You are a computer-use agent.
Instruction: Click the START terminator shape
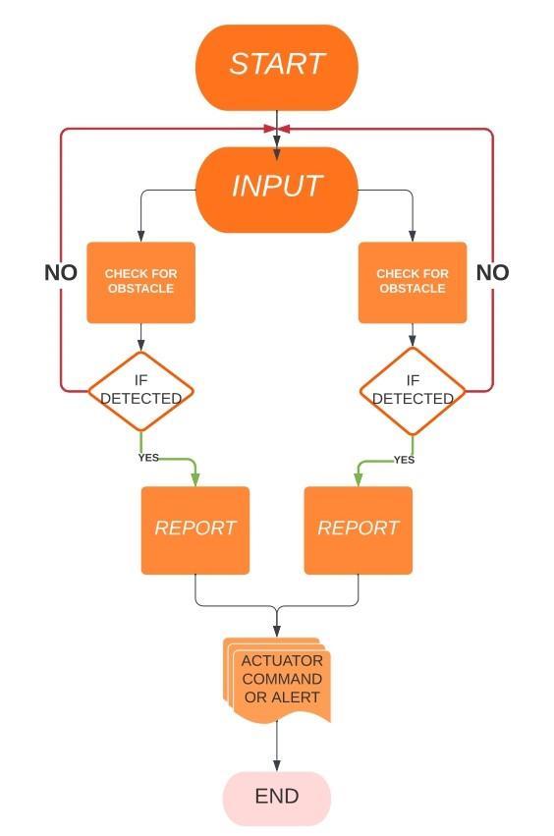(277, 67)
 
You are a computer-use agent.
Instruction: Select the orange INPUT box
(277, 190)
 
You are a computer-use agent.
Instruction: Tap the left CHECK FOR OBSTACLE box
(140, 283)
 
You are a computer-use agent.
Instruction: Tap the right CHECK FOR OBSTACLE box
(413, 283)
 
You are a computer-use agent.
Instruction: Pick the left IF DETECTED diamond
(140, 391)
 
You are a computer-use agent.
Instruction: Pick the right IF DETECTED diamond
(413, 391)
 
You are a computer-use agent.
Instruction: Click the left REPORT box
(195, 530)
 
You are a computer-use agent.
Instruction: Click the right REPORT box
(359, 530)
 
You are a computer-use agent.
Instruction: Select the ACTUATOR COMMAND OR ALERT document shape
(277, 680)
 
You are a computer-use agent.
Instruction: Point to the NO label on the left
(61, 272)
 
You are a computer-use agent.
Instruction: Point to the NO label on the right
(492, 272)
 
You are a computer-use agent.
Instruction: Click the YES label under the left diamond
(148, 458)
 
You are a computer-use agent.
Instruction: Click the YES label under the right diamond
(404, 460)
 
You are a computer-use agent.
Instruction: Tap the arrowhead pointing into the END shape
(277, 765)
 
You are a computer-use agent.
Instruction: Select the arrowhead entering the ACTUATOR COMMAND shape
(277, 631)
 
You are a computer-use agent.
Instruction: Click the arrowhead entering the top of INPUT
(277, 153)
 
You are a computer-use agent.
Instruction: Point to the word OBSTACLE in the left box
(140, 289)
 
